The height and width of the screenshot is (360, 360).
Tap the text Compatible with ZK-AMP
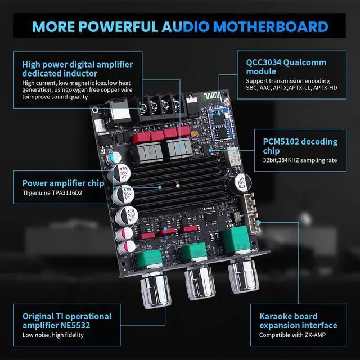[292, 335]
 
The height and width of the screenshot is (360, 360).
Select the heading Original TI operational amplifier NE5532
[67, 321]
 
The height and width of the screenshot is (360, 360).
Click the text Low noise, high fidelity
[53, 335]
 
